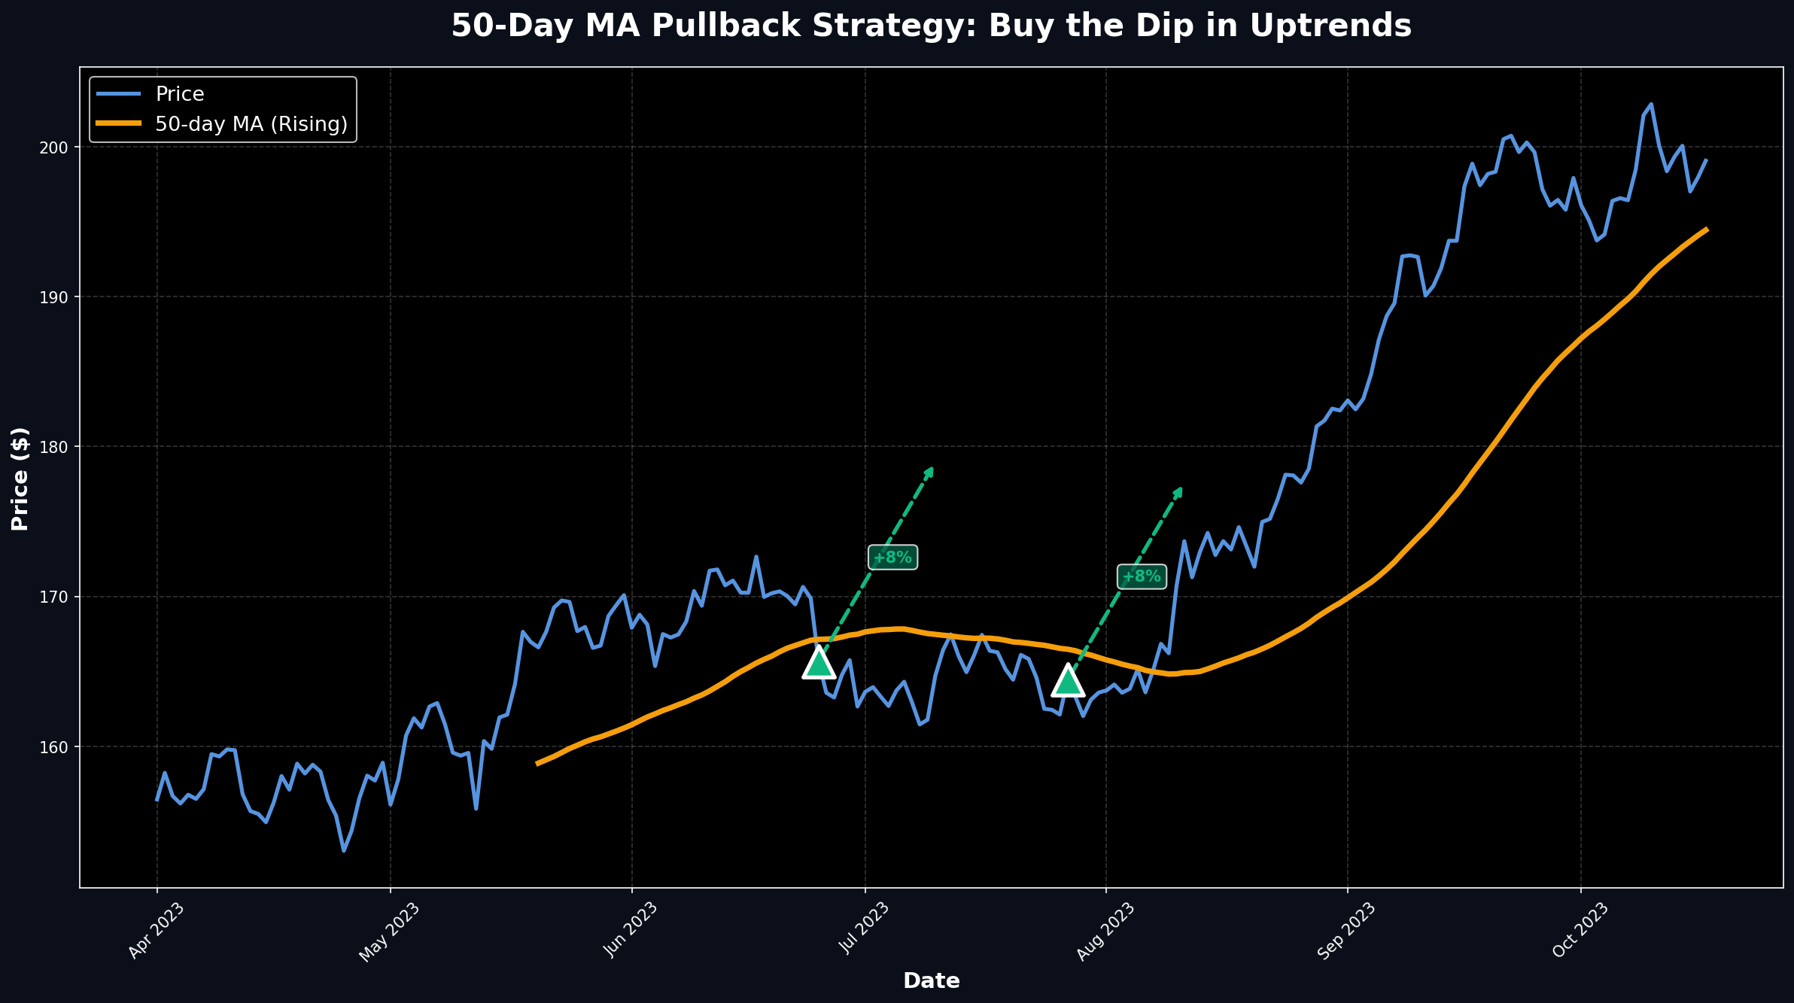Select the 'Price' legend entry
coord(179,94)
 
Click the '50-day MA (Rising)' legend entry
coord(251,124)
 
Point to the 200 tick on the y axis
coord(57,147)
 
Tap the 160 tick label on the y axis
coord(57,747)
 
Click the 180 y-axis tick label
coord(57,447)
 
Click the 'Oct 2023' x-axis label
coord(1580,932)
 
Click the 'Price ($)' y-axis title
coord(20,479)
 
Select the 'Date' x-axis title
coord(931,981)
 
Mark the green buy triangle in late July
coord(1067,681)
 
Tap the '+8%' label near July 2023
coord(892,558)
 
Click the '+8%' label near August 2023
coord(1142,577)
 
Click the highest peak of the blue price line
coord(1651,105)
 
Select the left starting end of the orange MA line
coord(537,764)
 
